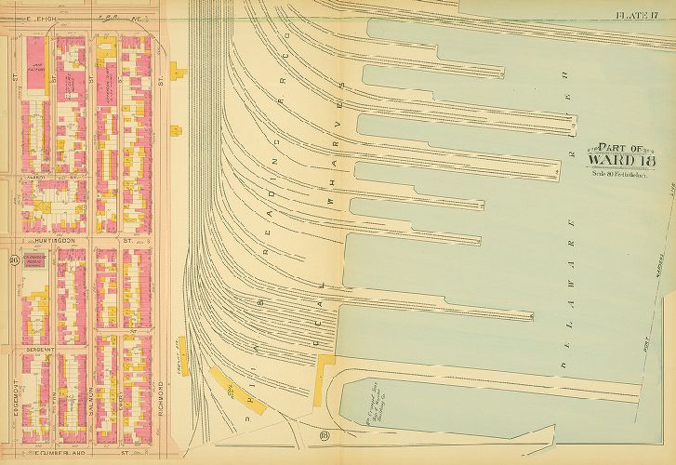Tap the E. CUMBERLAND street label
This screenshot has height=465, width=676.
pos(46,457)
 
